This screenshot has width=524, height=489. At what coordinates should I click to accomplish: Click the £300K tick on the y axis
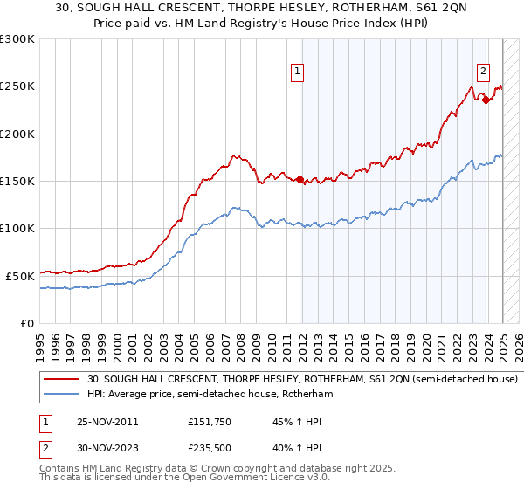click(x=17, y=39)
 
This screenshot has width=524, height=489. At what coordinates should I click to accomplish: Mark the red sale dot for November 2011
click(x=300, y=180)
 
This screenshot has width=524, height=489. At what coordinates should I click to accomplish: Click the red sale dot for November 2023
click(x=486, y=100)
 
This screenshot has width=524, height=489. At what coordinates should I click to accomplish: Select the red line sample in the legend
click(x=63, y=380)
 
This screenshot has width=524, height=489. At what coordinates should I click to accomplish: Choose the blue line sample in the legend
click(x=63, y=395)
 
